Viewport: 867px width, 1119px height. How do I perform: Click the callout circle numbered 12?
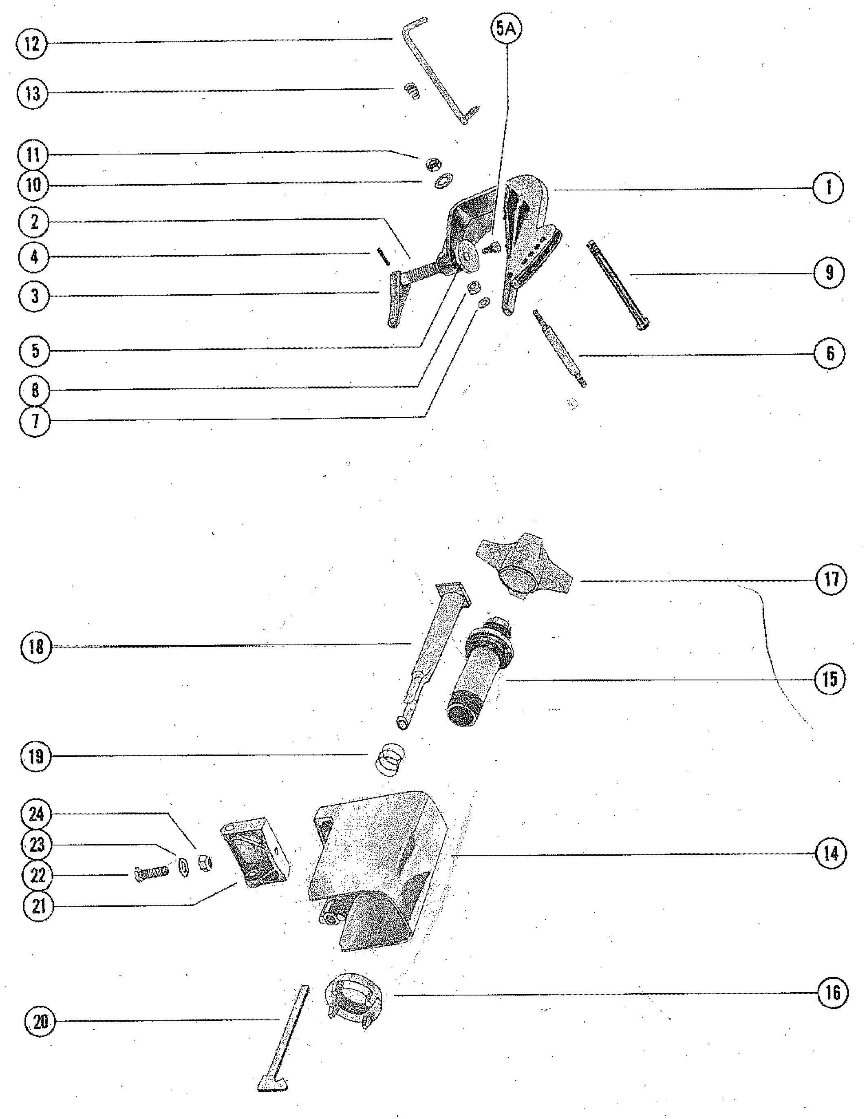tap(32, 43)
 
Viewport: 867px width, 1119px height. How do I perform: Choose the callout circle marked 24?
tap(36, 814)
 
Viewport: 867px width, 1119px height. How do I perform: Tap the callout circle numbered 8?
tap(35, 391)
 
